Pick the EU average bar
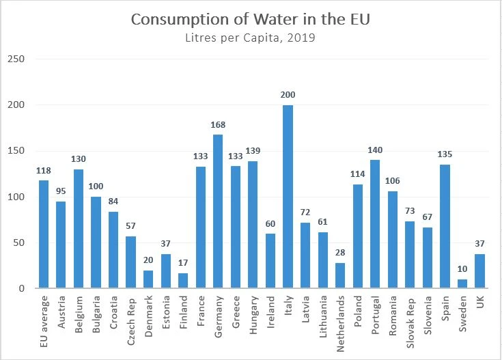point(44,234)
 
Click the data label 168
point(219,125)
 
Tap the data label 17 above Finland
point(184,264)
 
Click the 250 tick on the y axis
point(16,59)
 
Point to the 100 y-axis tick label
point(16,197)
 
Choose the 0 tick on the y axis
point(22,289)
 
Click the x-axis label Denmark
point(149,320)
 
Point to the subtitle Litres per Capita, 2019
point(251,38)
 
